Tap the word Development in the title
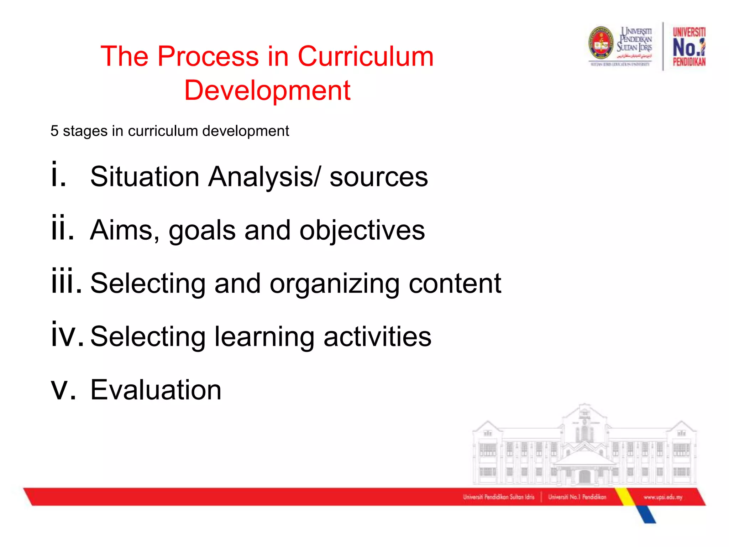[267, 90]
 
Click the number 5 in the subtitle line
[54, 131]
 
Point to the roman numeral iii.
[66, 282]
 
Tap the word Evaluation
[156, 390]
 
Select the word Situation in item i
[145, 177]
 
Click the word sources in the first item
[378, 177]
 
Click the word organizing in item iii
[334, 284]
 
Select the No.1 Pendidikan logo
[689, 47]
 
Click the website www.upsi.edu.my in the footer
[663, 497]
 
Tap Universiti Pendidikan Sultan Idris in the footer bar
[498, 497]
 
